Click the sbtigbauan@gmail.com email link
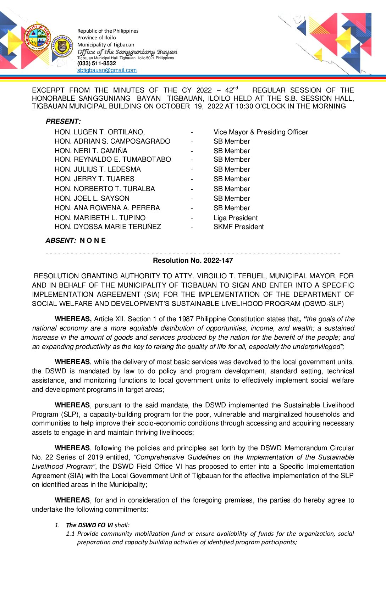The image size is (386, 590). pos(107,70)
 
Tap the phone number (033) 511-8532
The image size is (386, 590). pos(96,63)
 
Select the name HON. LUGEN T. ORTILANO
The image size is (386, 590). pos(99,132)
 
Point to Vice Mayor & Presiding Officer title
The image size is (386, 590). pos(260,132)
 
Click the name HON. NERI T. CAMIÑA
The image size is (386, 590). pos(91,151)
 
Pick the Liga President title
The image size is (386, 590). pos(235,218)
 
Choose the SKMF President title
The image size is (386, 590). pos(238,227)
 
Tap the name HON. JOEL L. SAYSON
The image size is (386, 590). pos(92,199)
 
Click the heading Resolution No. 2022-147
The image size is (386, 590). pos(193,261)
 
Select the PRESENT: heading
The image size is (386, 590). pos(63,122)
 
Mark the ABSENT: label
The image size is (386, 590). pos(61,241)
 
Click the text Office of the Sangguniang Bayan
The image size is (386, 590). pos(127,52)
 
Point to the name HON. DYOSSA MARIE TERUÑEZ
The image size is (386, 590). pos(107,227)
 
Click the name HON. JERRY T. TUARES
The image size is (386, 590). pos(94,179)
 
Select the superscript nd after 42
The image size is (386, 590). pos(236,88)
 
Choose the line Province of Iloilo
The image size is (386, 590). pos(96,38)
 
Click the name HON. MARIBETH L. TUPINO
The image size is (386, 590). pos(100,218)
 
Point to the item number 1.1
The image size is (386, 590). pos(70,534)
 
